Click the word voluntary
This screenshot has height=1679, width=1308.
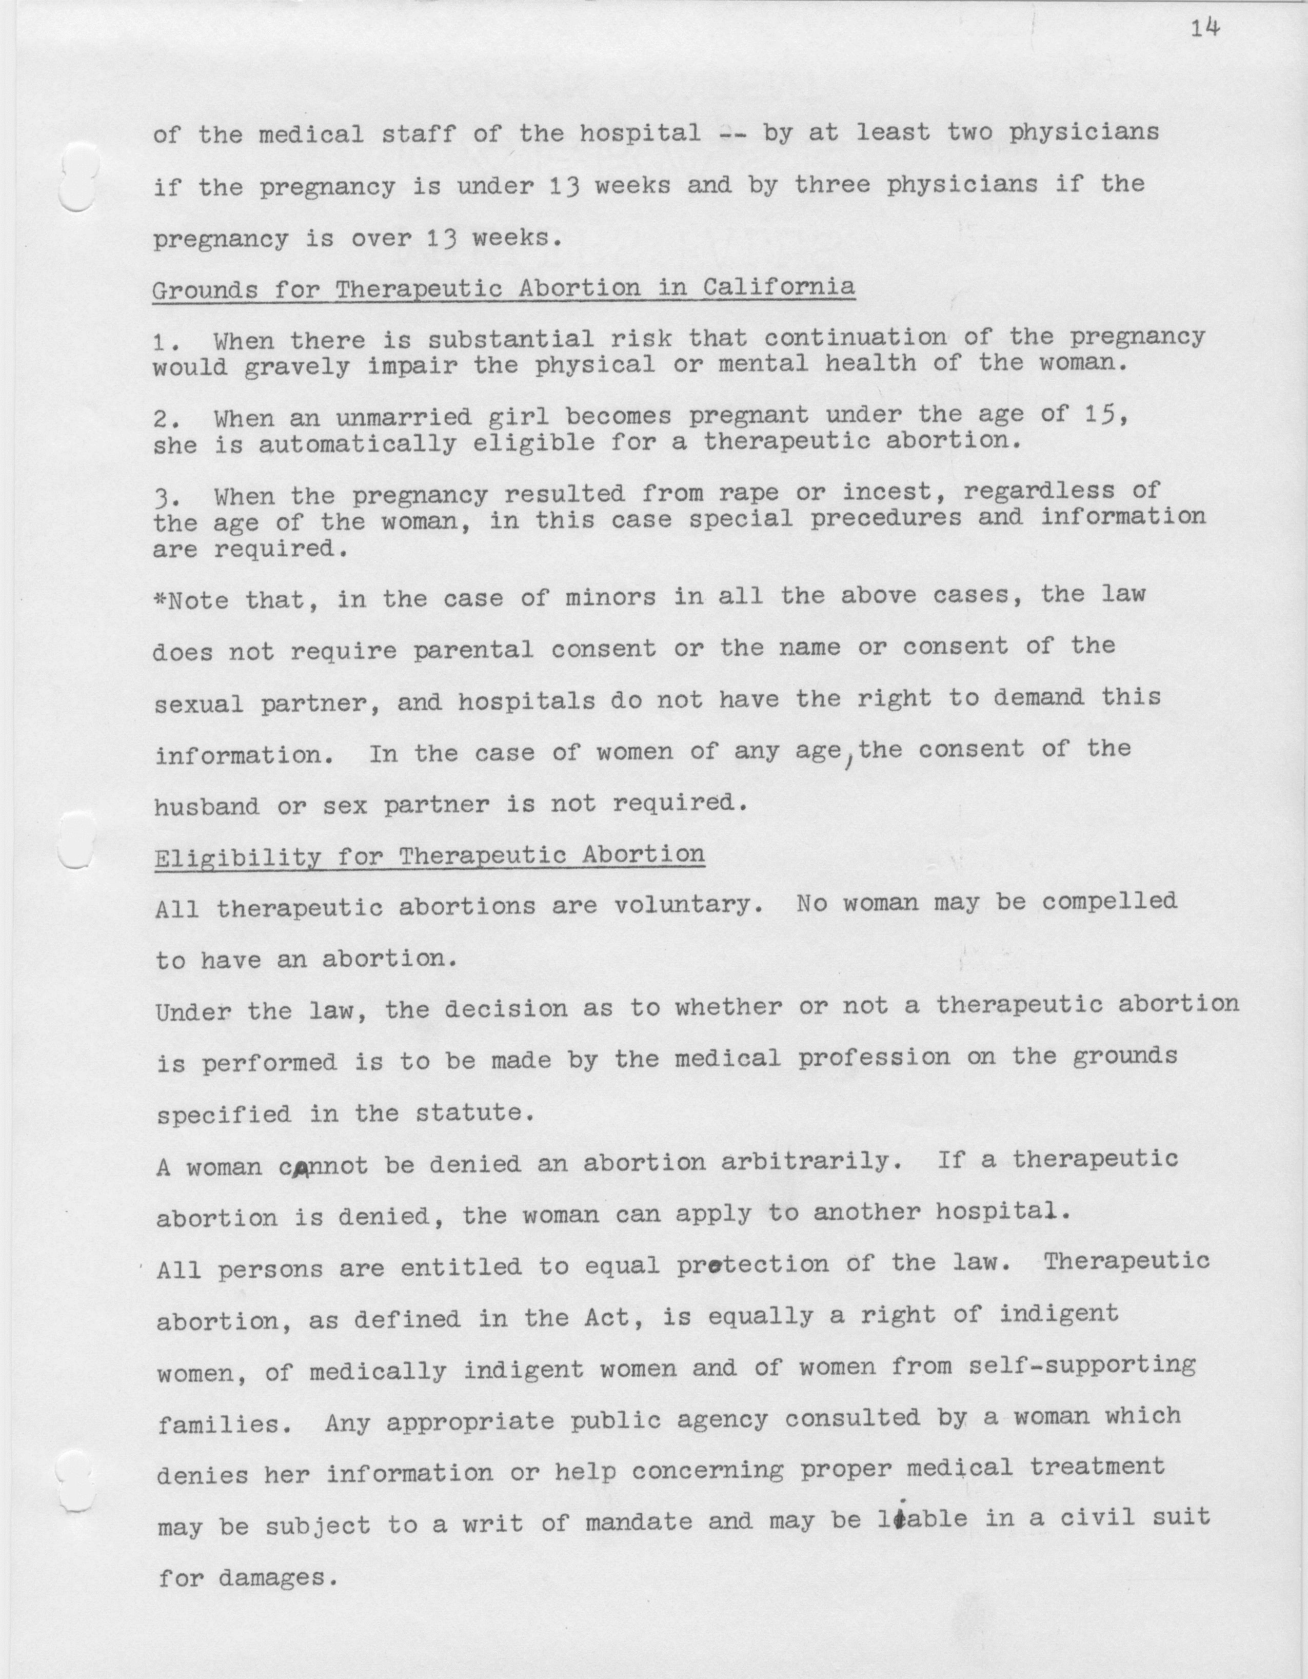pos(682,904)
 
